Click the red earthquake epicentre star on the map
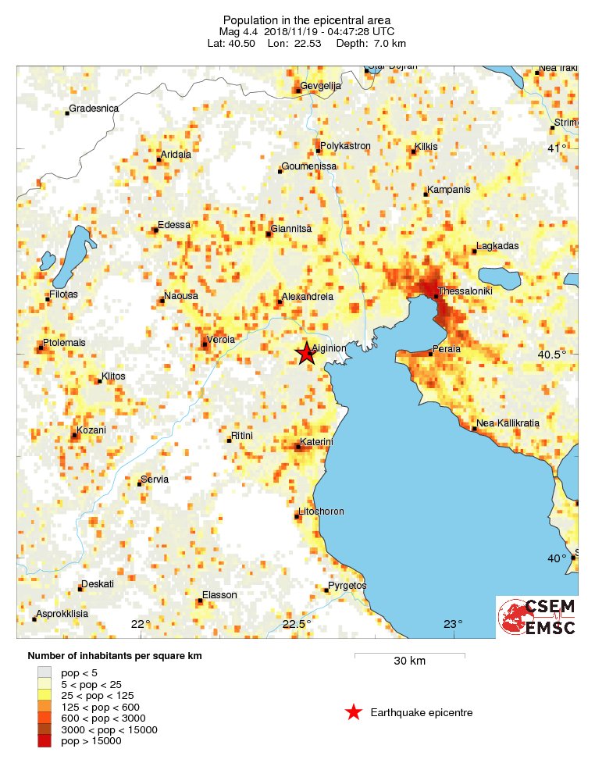point(305,354)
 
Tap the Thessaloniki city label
point(465,291)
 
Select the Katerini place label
point(317,442)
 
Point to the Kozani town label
point(91,430)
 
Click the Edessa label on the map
point(174,225)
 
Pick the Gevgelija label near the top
point(322,86)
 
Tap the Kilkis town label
point(426,146)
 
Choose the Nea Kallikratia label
point(508,423)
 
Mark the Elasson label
point(219,595)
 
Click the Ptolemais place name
point(65,342)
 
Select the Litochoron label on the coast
point(321,512)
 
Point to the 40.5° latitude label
point(552,355)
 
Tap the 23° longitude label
point(453,624)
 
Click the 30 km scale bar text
point(409,661)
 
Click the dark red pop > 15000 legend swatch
point(45,740)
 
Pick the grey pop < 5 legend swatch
point(45,672)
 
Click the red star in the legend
point(354,712)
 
